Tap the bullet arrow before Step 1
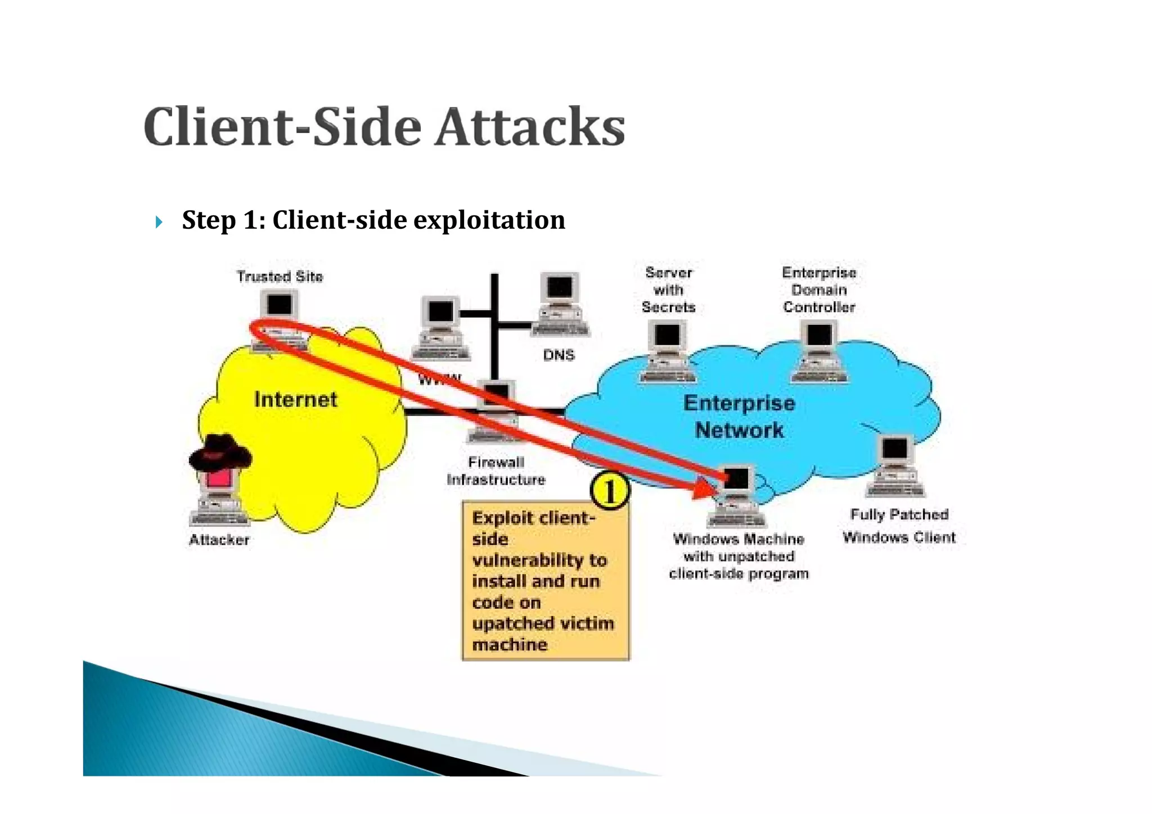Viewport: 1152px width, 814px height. point(159,222)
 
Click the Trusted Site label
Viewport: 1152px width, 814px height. point(280,277)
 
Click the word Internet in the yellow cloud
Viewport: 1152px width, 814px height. point(296,400)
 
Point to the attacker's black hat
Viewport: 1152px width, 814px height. point(220,452)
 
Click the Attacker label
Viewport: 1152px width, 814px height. point(219,540)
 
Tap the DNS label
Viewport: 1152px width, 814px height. point(559,355)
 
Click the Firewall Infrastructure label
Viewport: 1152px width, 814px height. point(496,471)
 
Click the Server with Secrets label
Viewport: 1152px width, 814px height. point(668,290)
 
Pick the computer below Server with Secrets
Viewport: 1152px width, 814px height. point(668,351)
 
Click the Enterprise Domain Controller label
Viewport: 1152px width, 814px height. point(819,290)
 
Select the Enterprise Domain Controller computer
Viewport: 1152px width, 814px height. point(819,351)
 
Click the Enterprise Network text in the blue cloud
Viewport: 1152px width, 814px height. point(739,417)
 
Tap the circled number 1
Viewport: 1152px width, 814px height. point(610,491)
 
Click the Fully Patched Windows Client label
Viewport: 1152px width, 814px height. point(899,526)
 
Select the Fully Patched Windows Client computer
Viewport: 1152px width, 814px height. point(895,465)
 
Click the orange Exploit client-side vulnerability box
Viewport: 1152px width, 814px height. point(545,580)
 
